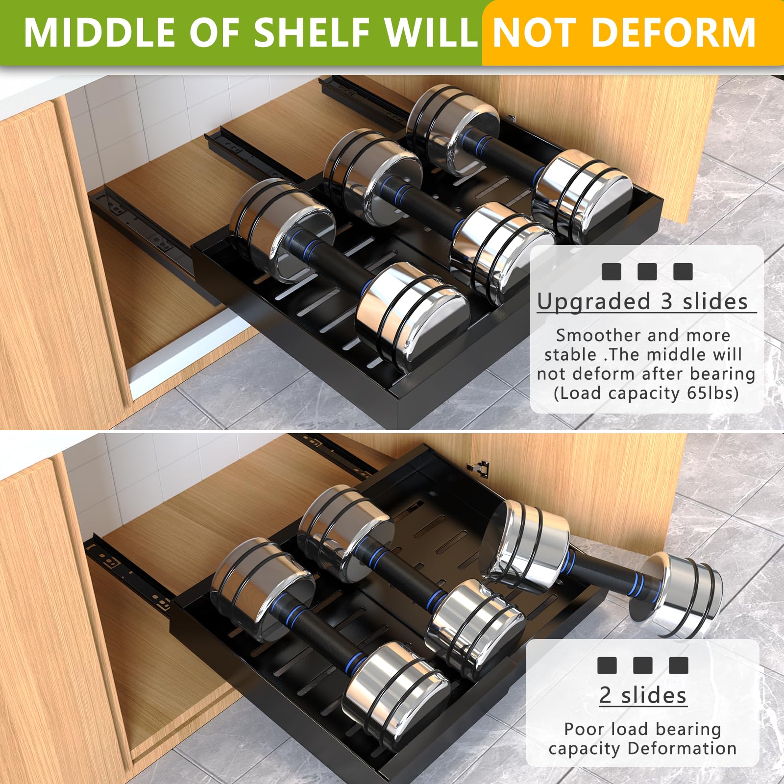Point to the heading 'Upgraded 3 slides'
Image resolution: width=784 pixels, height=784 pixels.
pyautogui.click(x=642, y=301)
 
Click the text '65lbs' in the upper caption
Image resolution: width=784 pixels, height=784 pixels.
pyautogui.click(x=712, y=393)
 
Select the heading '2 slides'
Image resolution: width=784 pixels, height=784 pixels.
pyautogui.click(x=643, y=695)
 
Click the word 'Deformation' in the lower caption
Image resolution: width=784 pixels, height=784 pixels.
pyautogui.click(x=682, y=748)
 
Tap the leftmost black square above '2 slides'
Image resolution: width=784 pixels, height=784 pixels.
pyautogui.click(x=607, y=665)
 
